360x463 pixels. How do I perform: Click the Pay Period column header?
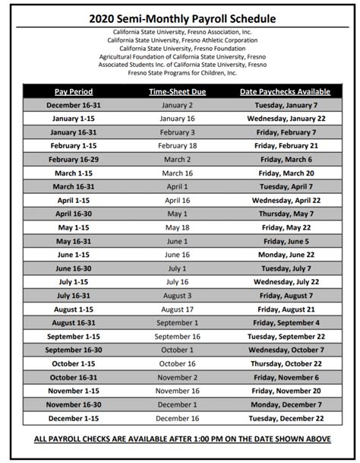point(74,91)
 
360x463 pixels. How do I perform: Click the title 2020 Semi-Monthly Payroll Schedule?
point(179,17)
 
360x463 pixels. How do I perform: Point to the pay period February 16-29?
point(74,160)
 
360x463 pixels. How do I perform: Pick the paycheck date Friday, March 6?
point(286,160)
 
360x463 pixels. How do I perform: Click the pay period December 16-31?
point(74,105)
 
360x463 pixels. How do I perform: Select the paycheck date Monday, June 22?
point(286,255)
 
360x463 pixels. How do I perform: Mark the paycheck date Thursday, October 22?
point(286,363)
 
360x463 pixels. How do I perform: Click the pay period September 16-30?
point(74,350)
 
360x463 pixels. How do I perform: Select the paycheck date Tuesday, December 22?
point(286,418)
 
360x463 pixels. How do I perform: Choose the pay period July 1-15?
point(74,282)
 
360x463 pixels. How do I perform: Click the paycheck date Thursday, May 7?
point(286,214)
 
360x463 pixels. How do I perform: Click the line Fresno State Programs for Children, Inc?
point(179,72)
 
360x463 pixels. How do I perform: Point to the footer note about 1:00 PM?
point(179,439)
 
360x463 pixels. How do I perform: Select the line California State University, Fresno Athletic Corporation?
point(179,40)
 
